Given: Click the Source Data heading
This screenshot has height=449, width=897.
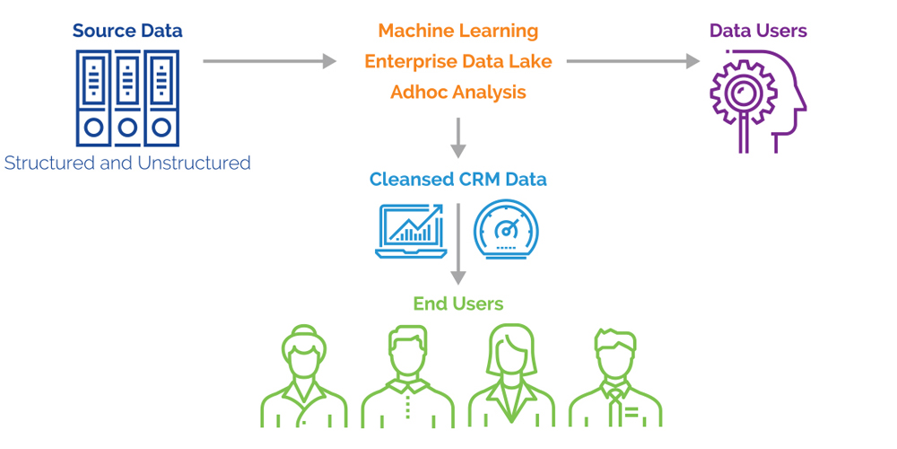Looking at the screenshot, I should pyautogui.click(x=127, y=31).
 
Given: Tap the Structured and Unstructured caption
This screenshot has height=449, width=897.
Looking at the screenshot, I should pyautogui.click(x=127, y=163).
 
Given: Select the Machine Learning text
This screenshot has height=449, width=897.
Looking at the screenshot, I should pyautogui.click(x=457, y=31).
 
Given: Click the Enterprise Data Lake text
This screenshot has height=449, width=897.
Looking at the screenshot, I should pyautogui.click(x=457, y=61).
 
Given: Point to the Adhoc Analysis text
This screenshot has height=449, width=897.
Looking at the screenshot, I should pyautogui.click(x=457, y=92).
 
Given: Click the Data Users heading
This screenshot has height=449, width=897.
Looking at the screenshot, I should pyautogui.click(x=758, y=31).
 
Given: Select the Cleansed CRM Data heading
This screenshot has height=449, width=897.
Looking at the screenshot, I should pyautogui.click(x=457, y=179).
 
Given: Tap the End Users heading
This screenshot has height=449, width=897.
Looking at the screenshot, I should pyautogui.click(x=457, y=304).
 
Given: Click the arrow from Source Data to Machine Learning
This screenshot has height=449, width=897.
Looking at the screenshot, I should pyautogui.click(x=269, y=61).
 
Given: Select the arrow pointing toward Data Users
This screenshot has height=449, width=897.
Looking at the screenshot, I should pyautogui.click(x=632, y=61).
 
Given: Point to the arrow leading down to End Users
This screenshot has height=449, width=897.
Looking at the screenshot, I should pyautogui.click(x=458, y=242).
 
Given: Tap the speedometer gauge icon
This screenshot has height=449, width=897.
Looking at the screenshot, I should pyautogui.click(x=507, y=230).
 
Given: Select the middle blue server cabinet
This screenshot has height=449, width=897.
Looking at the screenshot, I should pyautogui.click(x=127, y=97).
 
